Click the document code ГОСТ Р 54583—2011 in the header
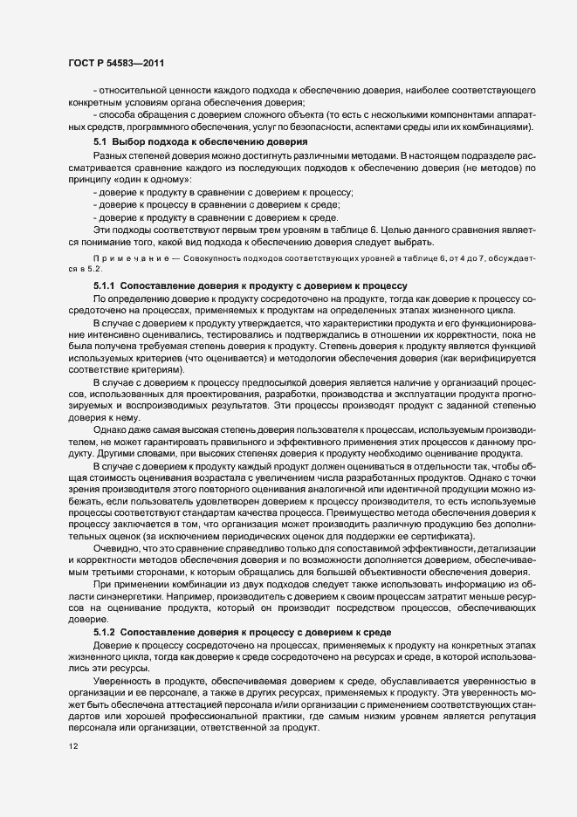pyautogui.click(x=115, y=63)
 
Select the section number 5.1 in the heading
pyautogui.click(x=100, y=141)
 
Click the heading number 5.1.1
pyautogui.click(x=104, y=285)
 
